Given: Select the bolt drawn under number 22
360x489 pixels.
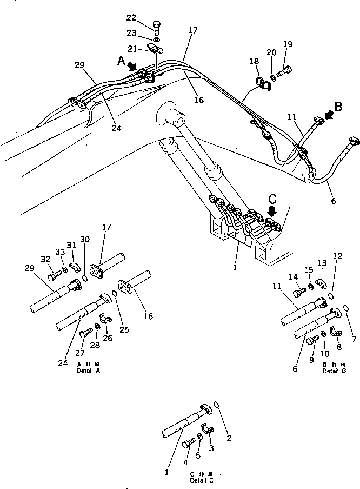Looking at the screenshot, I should point(157,28).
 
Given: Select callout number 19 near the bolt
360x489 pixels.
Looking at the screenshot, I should point(288,44).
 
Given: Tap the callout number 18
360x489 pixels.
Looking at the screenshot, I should point(254,62).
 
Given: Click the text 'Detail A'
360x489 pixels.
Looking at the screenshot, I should point(89,371).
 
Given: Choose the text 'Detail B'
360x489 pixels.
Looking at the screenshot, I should point(334,371).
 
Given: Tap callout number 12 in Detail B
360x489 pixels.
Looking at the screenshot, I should point(338,255).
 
